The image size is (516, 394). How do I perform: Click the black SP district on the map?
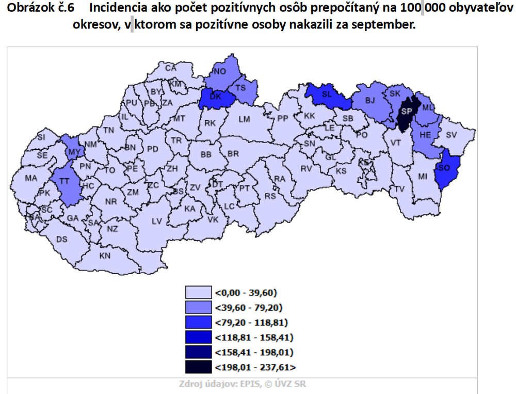[406, 112]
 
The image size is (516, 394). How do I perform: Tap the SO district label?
[444, 168]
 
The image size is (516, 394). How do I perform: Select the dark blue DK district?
[216, 97]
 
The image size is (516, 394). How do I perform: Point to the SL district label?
[326, 95]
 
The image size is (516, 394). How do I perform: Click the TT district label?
[64, 182]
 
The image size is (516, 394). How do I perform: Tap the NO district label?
[220, 71]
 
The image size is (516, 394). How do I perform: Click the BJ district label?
[370, 101]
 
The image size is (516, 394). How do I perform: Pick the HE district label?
[425, 135]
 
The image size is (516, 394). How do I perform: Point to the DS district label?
[62, 239]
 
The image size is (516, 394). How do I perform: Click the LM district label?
[244, 119]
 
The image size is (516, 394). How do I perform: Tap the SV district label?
[451, 135]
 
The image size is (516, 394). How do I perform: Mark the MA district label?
[31, 178]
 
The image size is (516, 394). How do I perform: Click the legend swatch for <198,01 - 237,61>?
[199, 368]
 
